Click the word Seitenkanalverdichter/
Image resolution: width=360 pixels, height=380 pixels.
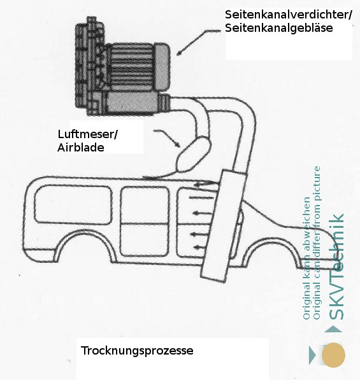tap(289, 15)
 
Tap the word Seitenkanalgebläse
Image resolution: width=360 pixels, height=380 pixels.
tap(278, 28)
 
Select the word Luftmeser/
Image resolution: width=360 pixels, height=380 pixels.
tap(87, 134)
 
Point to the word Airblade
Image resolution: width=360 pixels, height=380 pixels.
tap(81, 147)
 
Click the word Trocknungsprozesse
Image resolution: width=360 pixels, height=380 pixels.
tap(137, 351)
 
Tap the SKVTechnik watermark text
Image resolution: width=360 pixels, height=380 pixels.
tap(336, 267)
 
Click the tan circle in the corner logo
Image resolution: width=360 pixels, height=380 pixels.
tap(333, 355)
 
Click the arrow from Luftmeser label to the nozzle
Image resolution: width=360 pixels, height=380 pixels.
tap(168, 137)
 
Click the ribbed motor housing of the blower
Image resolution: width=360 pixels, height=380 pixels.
tap(131, 67)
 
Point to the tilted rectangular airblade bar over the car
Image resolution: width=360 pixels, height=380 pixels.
tap(224, 225)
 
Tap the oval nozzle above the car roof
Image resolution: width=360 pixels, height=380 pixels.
tap(193, 155)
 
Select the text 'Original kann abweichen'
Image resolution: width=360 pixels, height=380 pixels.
tap(306, 258)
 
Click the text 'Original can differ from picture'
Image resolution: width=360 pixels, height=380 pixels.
tap(317, 243)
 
